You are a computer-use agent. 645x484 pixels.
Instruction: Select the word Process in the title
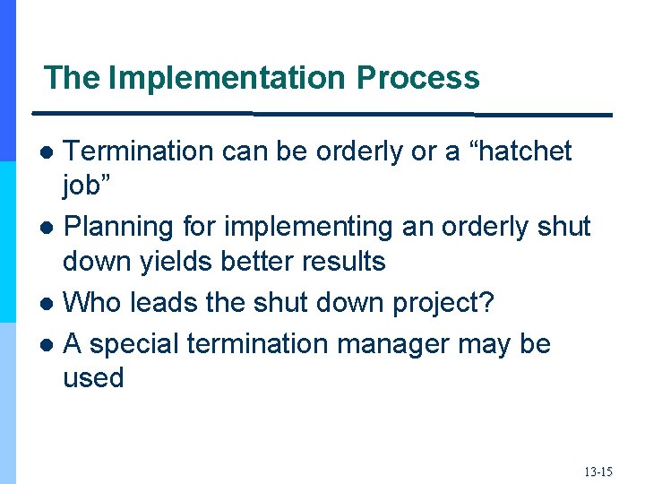click(x=417, y=78)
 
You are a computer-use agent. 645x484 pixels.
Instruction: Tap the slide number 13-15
click(x=598, y=471)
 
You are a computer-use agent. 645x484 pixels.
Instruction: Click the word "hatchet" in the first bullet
click(x=520, y=151)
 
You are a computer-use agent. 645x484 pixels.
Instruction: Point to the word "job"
click(x=87, y=186)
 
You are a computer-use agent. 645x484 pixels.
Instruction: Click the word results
click(x=353, y=262)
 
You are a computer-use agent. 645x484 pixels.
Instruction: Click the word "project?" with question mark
click(x=443, y=302)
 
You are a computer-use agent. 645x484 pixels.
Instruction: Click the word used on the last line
click(x=93, y=377)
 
